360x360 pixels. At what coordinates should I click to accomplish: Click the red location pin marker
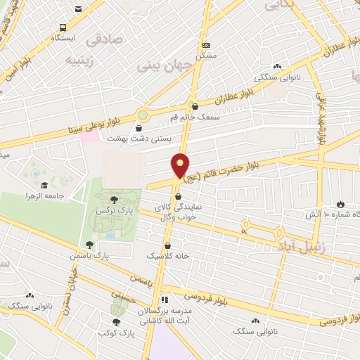181,166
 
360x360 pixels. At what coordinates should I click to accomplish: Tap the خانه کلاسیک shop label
168,257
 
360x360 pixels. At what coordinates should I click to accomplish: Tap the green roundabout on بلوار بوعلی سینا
143,114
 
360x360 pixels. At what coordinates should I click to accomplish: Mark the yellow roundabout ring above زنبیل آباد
245,226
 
